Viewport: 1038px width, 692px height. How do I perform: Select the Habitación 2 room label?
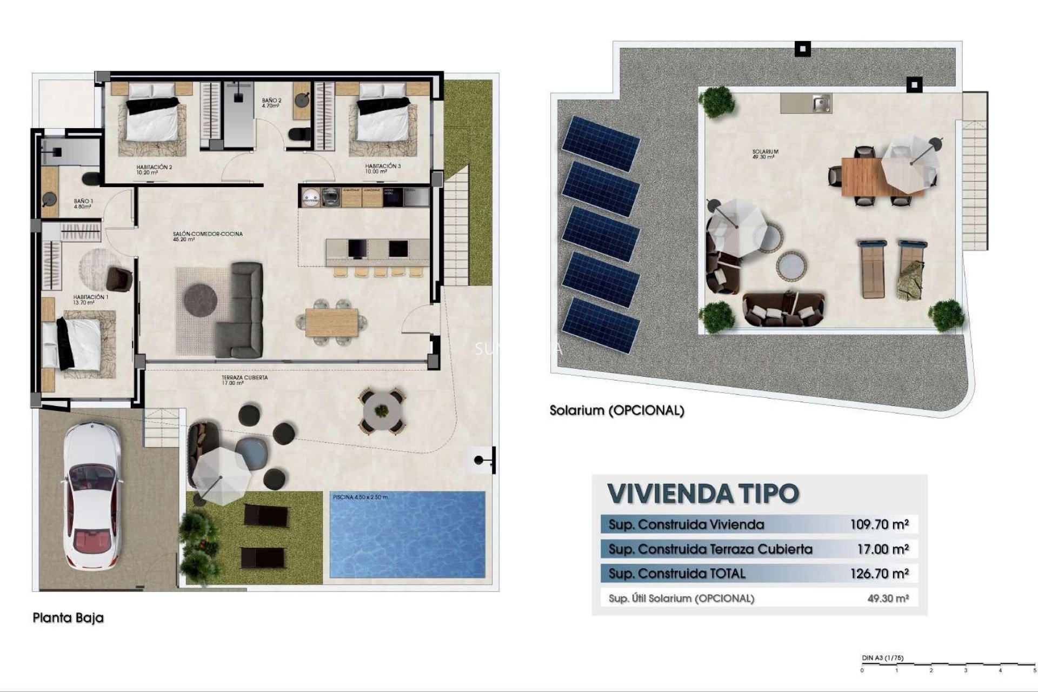(x=154, y=170)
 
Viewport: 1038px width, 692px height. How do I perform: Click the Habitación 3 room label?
(x=383, y=169)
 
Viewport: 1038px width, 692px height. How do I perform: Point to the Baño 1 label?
(x=83, y=204)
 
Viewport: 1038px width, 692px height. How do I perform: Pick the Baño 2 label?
(x=271, y=103)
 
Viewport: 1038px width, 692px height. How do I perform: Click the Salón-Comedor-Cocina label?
(x=208, y=236)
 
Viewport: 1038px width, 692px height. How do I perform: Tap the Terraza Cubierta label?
(x=244, y=380)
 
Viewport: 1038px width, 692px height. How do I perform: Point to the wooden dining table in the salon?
(x=331, y=322)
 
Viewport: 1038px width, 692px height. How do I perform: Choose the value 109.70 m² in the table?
(x=879, y=524)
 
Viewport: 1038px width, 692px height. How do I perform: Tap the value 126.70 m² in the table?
(x=879, y=574)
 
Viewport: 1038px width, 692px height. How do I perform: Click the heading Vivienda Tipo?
(x=703, y=493)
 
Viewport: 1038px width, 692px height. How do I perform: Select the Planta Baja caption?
(x=68, y=617)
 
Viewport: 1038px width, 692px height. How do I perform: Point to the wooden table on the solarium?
(x=865, y=176)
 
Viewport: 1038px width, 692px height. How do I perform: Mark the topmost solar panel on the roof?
(x=601, y=142)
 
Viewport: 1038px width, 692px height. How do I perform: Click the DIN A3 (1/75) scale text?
(x=882, y=658)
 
